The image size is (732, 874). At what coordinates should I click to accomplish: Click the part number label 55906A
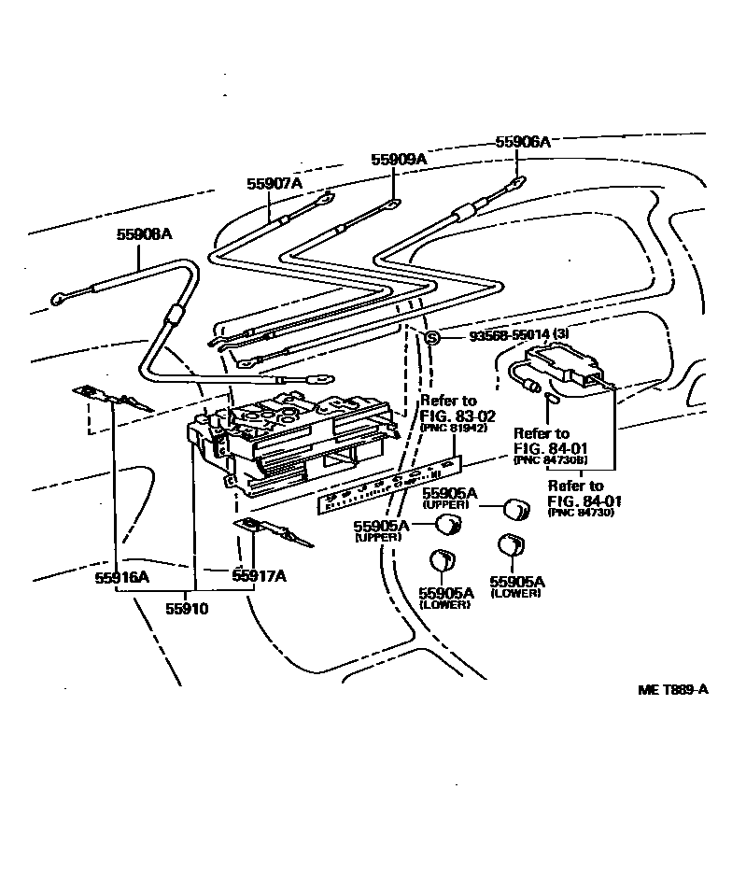tap(522, 142)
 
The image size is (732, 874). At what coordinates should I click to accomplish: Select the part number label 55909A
tap(398, 160)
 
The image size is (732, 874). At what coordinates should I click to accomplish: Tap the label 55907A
tap(274, 184)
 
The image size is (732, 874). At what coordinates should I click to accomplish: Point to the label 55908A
tap(144, 235)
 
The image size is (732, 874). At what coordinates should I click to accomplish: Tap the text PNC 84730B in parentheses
tap(552, 461)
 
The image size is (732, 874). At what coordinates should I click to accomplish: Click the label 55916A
tap(121, 576)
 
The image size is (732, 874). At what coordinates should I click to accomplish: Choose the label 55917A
tap(259, 576)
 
